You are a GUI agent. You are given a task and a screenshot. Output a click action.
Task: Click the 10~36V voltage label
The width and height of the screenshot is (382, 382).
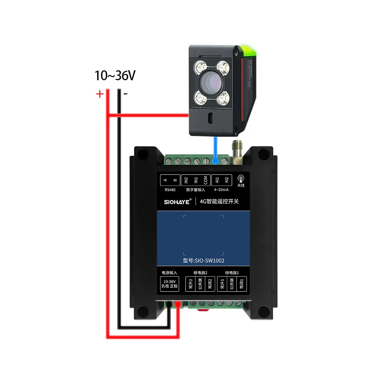(115, 76)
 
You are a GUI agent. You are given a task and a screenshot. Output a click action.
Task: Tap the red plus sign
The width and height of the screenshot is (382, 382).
(99, 94)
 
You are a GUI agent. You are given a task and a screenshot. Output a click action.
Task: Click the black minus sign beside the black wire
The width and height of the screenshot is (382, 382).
(125, 93)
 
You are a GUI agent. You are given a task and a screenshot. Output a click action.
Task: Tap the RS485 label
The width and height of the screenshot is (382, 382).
(170, 189)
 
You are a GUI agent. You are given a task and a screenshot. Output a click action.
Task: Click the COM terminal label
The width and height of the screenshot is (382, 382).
(205, 179)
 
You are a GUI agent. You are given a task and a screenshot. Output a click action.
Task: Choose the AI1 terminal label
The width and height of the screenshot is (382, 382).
(217, 179)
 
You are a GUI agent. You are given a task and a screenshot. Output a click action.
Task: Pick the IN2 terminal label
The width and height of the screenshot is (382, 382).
(186, 179)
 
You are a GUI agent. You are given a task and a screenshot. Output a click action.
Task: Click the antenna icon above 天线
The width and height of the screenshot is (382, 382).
(241, 178)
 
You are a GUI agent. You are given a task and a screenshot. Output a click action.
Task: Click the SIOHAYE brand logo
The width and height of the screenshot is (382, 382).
(174, 201)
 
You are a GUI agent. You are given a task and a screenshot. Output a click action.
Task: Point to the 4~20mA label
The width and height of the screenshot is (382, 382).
(222, 189)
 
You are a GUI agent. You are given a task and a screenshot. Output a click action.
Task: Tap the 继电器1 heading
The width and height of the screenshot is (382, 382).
(232, 273)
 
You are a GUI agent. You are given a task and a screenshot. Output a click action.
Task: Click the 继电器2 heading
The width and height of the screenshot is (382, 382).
(200, 273)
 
